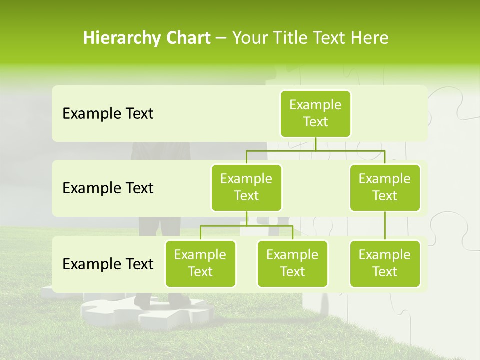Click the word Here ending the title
pos(370,38)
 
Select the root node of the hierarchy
pos(315,114)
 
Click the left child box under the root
pos(246,188)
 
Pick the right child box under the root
pos(385,188)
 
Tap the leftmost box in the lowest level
pos(200,264)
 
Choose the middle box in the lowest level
pos(292,264)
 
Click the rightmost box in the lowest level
pos(385,264)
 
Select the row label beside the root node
pos(108,114)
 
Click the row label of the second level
pos(108,188)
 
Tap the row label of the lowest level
pos(108,264)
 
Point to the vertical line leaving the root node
pos(315,144)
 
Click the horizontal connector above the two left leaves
pos(246,226)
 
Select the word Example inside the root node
pos(315,105)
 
